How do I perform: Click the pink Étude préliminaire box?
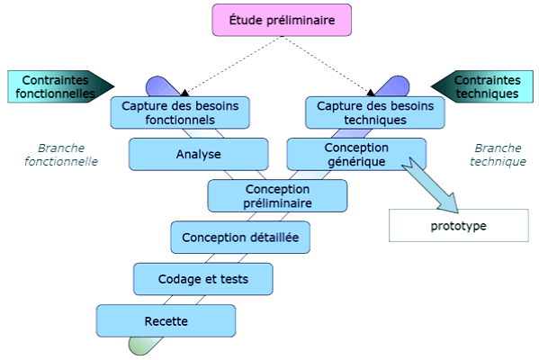(x=281, y=20)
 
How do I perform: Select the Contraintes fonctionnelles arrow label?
(x=56, y=85)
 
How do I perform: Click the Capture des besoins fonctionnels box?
(x=180, y=112)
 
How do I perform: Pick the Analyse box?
(x=198, y=154)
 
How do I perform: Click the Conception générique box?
(x=356, y=154)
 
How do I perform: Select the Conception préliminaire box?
(x=277, y=195)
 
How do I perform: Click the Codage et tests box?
(x=203, y=279)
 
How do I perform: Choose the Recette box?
(x=166, y=320)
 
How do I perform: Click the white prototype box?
(x=458, y=225)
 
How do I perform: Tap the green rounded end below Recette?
(x=141, y=345)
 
